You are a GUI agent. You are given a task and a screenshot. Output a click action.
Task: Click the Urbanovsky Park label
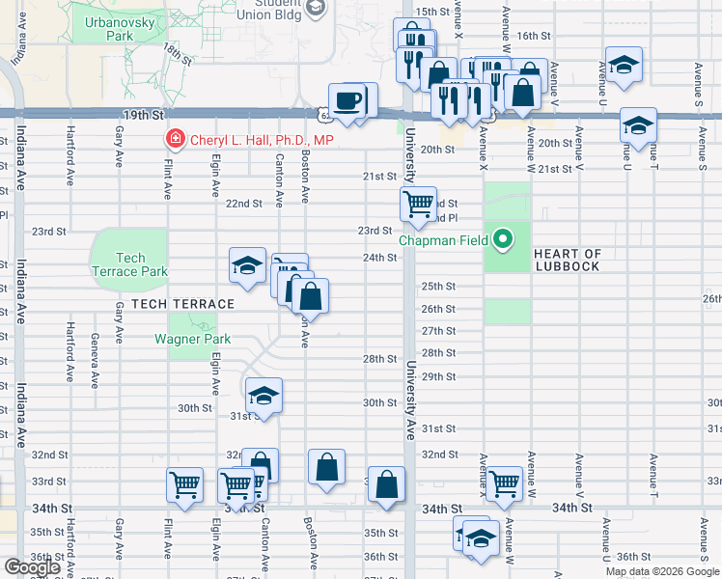coord(106,28)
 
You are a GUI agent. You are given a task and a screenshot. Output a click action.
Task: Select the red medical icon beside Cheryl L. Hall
coord(175,140)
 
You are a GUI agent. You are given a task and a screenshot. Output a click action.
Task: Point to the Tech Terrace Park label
coord(128,264)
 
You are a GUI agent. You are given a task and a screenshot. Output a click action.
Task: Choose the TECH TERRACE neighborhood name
coord(182,304)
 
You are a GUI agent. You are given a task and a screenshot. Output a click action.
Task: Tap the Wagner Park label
coord(193,339)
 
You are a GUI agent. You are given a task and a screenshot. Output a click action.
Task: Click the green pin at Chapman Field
coord(503,238)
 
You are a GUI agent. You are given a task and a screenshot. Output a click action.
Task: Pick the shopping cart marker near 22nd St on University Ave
coord(418,204)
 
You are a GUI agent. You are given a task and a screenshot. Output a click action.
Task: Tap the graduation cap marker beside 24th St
coord(247,264)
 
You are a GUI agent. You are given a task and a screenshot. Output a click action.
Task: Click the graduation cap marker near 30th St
coord(263,395)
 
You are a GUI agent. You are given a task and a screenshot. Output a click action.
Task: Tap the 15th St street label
coord(431,12)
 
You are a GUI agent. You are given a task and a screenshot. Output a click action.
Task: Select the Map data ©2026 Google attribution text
coord(661,571)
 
